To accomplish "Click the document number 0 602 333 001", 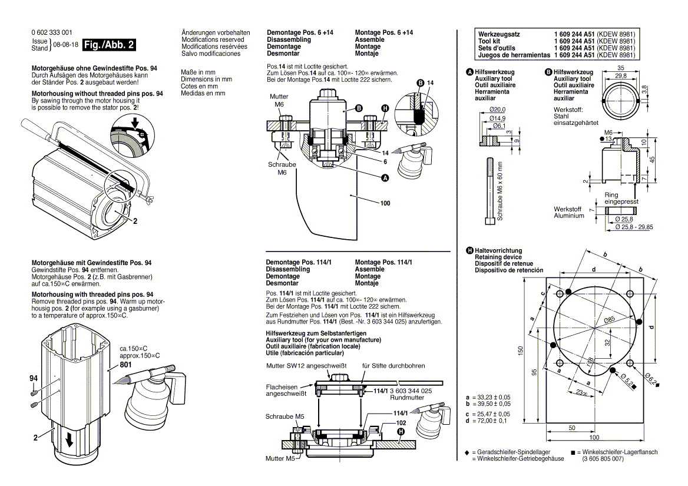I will [x=51, y=32].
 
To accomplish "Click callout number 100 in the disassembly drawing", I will [x=385, y=203].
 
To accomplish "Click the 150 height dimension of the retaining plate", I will [x=521, y=350].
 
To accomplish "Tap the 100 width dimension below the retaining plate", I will [x=594, y=437].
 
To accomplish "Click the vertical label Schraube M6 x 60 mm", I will [x=500, y=191].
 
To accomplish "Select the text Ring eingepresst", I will [x=621, y=198].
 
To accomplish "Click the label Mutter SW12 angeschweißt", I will [x=306, y=366].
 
